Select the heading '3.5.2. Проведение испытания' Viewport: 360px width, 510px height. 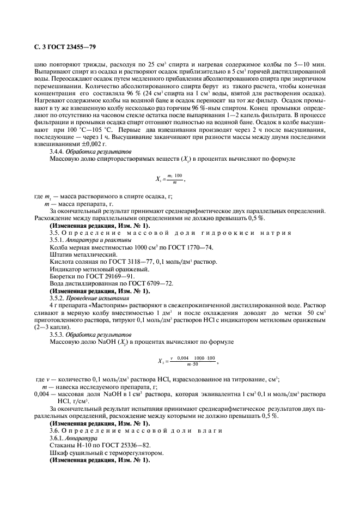(89, 299)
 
